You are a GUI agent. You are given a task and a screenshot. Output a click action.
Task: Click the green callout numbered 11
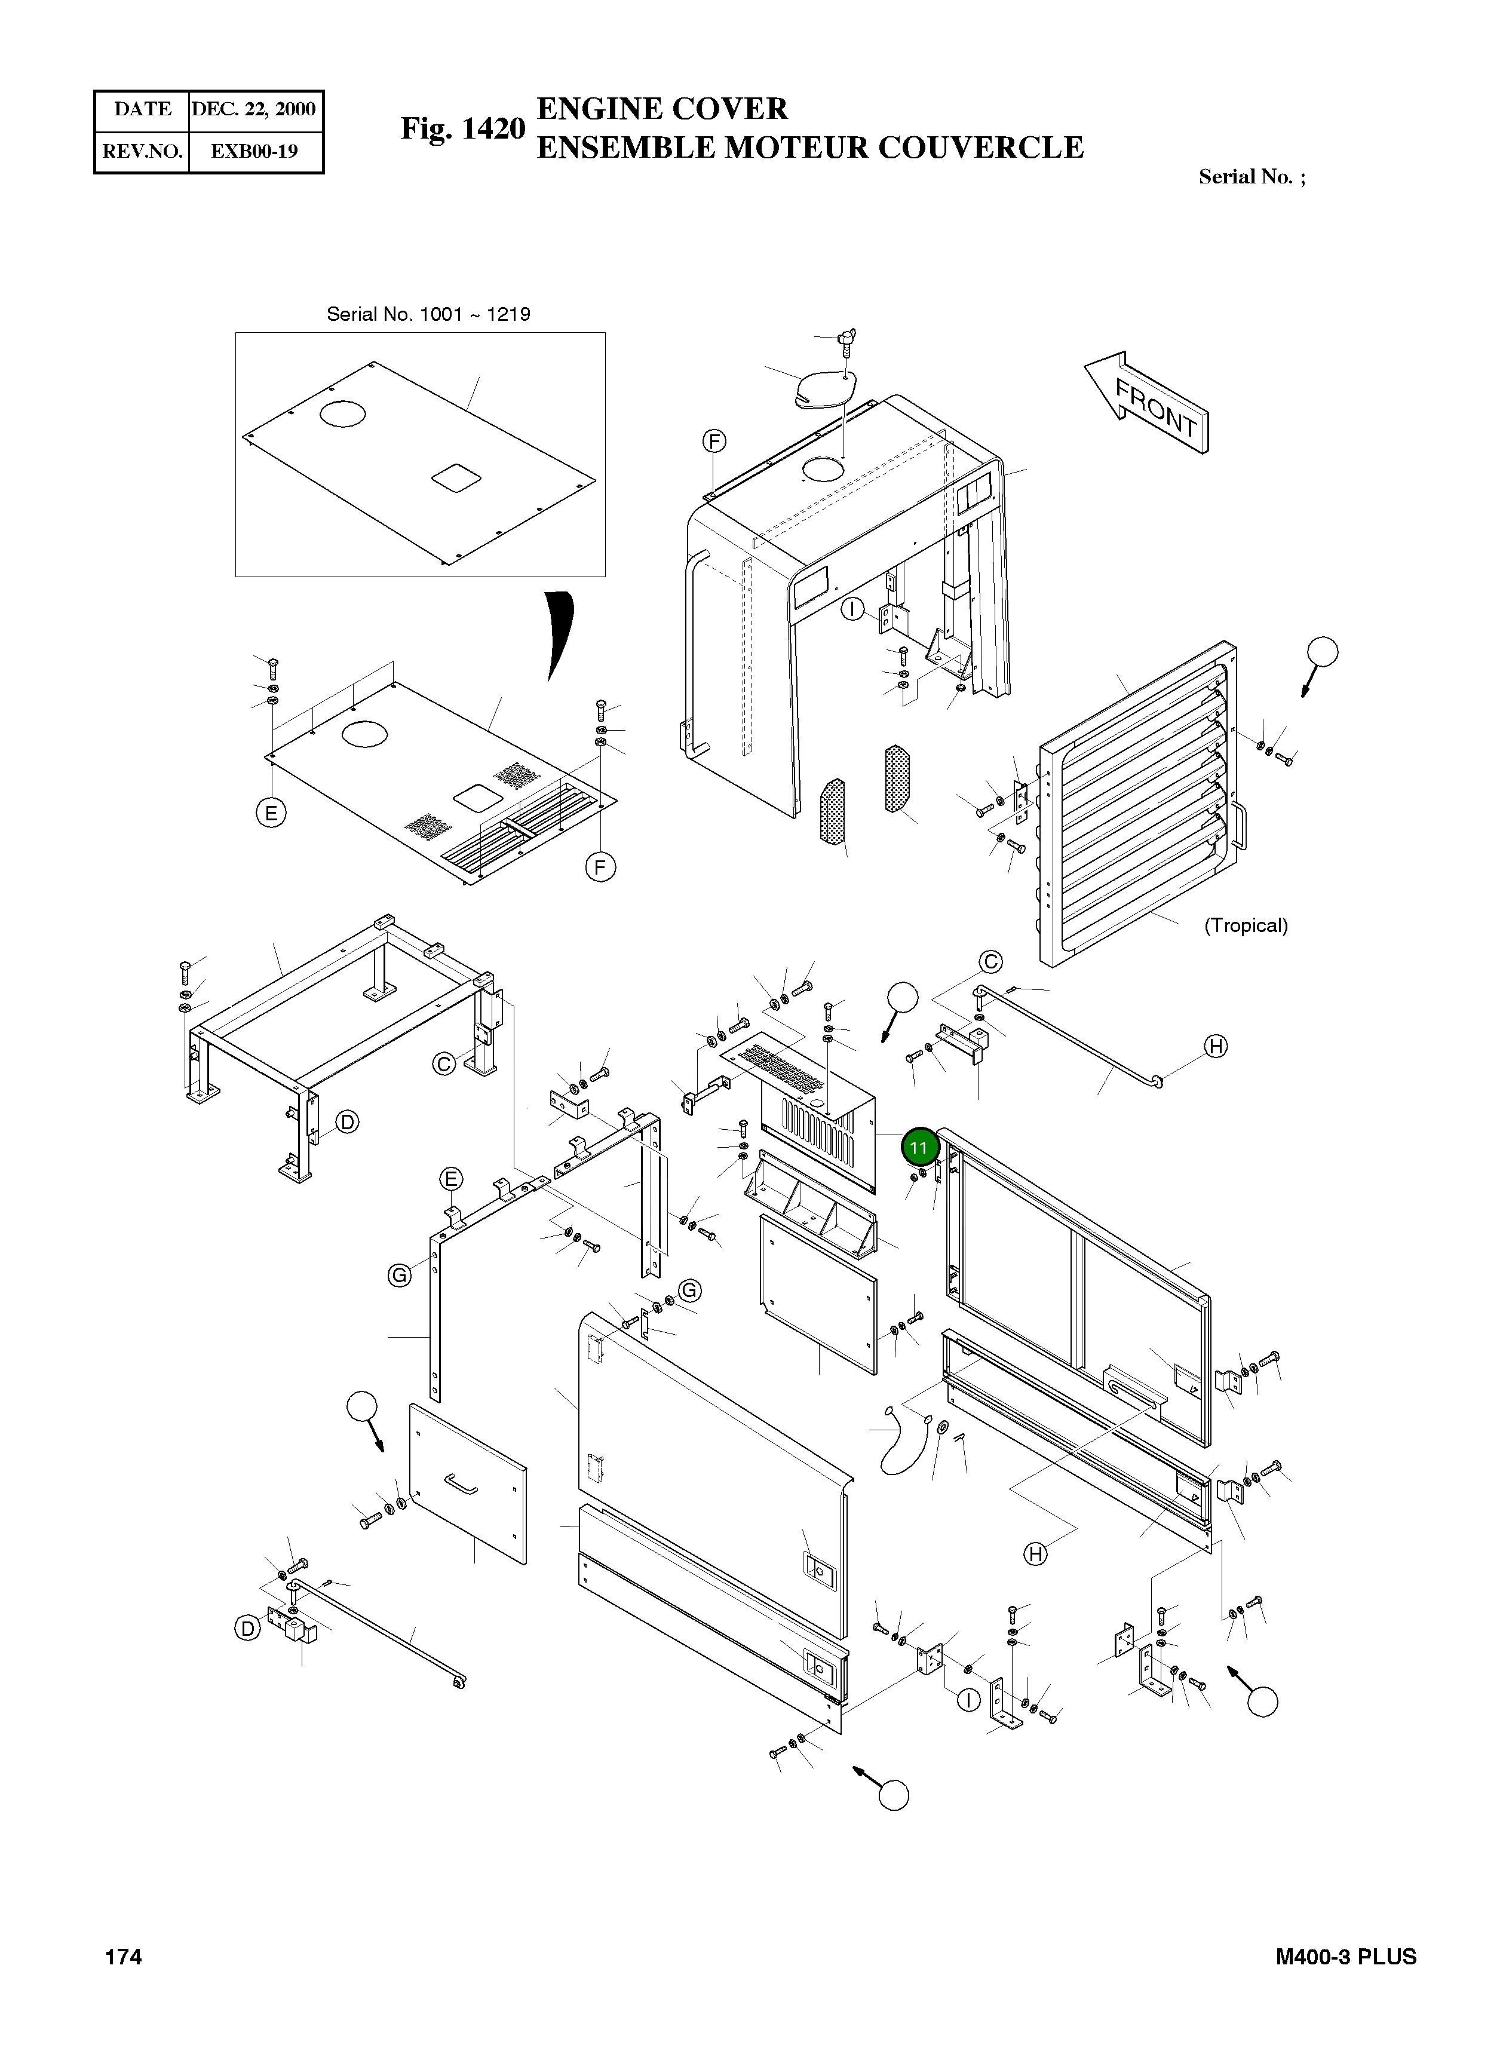919,1147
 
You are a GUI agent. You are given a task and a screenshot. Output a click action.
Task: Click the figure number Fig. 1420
463,128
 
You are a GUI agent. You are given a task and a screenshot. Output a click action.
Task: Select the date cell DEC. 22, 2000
253,109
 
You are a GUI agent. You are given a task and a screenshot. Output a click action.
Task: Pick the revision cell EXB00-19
254,151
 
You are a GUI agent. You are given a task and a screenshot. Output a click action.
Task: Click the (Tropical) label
1246,925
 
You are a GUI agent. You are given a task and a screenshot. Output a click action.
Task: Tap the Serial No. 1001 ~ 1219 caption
428,314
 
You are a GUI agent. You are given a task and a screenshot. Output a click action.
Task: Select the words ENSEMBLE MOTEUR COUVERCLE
809,148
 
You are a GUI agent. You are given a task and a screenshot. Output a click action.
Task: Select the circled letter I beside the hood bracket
852,609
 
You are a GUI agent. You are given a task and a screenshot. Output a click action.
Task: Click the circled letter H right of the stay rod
1216,1047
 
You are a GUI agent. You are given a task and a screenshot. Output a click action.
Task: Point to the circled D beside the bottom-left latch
248,1628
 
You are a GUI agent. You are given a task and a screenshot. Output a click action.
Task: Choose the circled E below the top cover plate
271,813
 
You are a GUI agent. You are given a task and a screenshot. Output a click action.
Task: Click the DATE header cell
142,109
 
